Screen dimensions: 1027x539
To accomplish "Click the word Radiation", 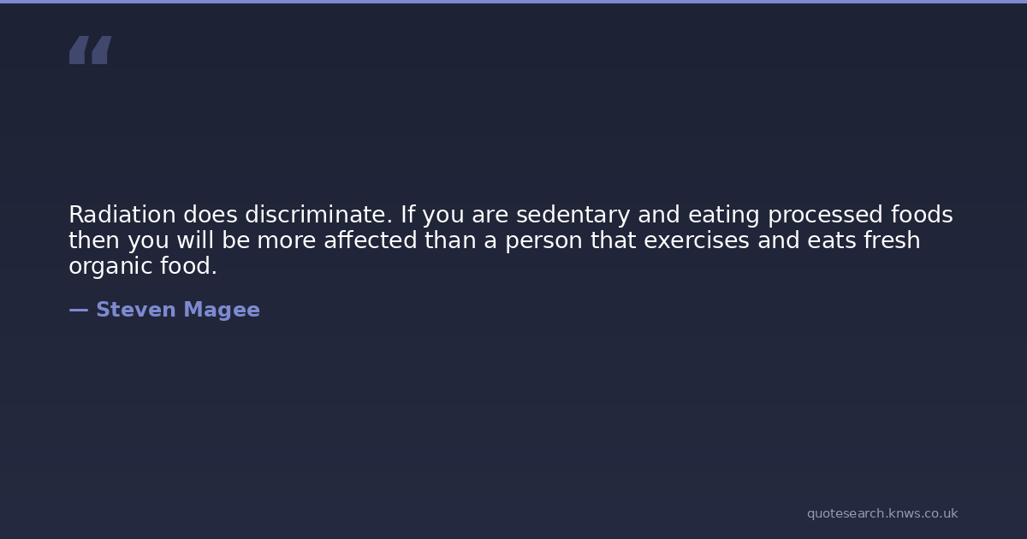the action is (x=122, y=215).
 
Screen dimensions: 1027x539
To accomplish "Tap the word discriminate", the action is (x=318, y=215).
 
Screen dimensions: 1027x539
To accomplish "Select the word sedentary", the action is (x=573, y=216).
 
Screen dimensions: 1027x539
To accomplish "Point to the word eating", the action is (x=723, y=216).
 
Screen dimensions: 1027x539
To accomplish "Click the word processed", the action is (x=825, y=216).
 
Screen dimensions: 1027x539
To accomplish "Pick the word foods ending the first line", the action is (x=922, y=215).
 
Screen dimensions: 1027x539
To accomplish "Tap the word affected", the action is (x=371, y=240).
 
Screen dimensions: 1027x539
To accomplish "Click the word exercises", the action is (x=697, y=240).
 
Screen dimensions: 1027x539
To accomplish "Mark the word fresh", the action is (x=892, y=240).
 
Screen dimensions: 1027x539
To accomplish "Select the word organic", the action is (x=110, y=267).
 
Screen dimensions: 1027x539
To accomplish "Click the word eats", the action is (x=832, y=241).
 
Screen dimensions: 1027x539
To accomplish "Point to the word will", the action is (x=195, y=240).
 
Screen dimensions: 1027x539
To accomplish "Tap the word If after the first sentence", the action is (x=407, y=215).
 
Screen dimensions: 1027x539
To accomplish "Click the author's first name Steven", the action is (x=136, y=310).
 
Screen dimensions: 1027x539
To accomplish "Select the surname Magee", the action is (x=222, y=311).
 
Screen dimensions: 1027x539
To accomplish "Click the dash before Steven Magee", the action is (x=79, y=311).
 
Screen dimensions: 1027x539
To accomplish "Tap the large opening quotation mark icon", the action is (x=91, y=50).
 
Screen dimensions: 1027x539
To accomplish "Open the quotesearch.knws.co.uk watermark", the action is (x=882, y=513).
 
